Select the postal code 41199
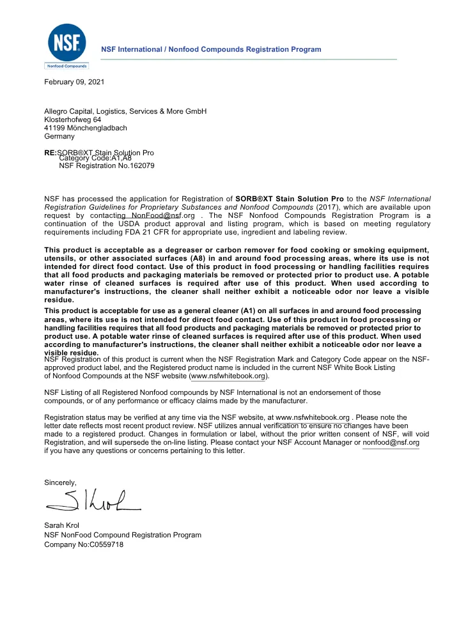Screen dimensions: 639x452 (53, 128)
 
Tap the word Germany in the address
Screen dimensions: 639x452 (59, 137)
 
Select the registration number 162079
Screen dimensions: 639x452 (141, 166)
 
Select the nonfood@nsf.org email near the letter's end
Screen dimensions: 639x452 (391, 442)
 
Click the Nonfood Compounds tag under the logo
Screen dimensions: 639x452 (66, 65)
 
